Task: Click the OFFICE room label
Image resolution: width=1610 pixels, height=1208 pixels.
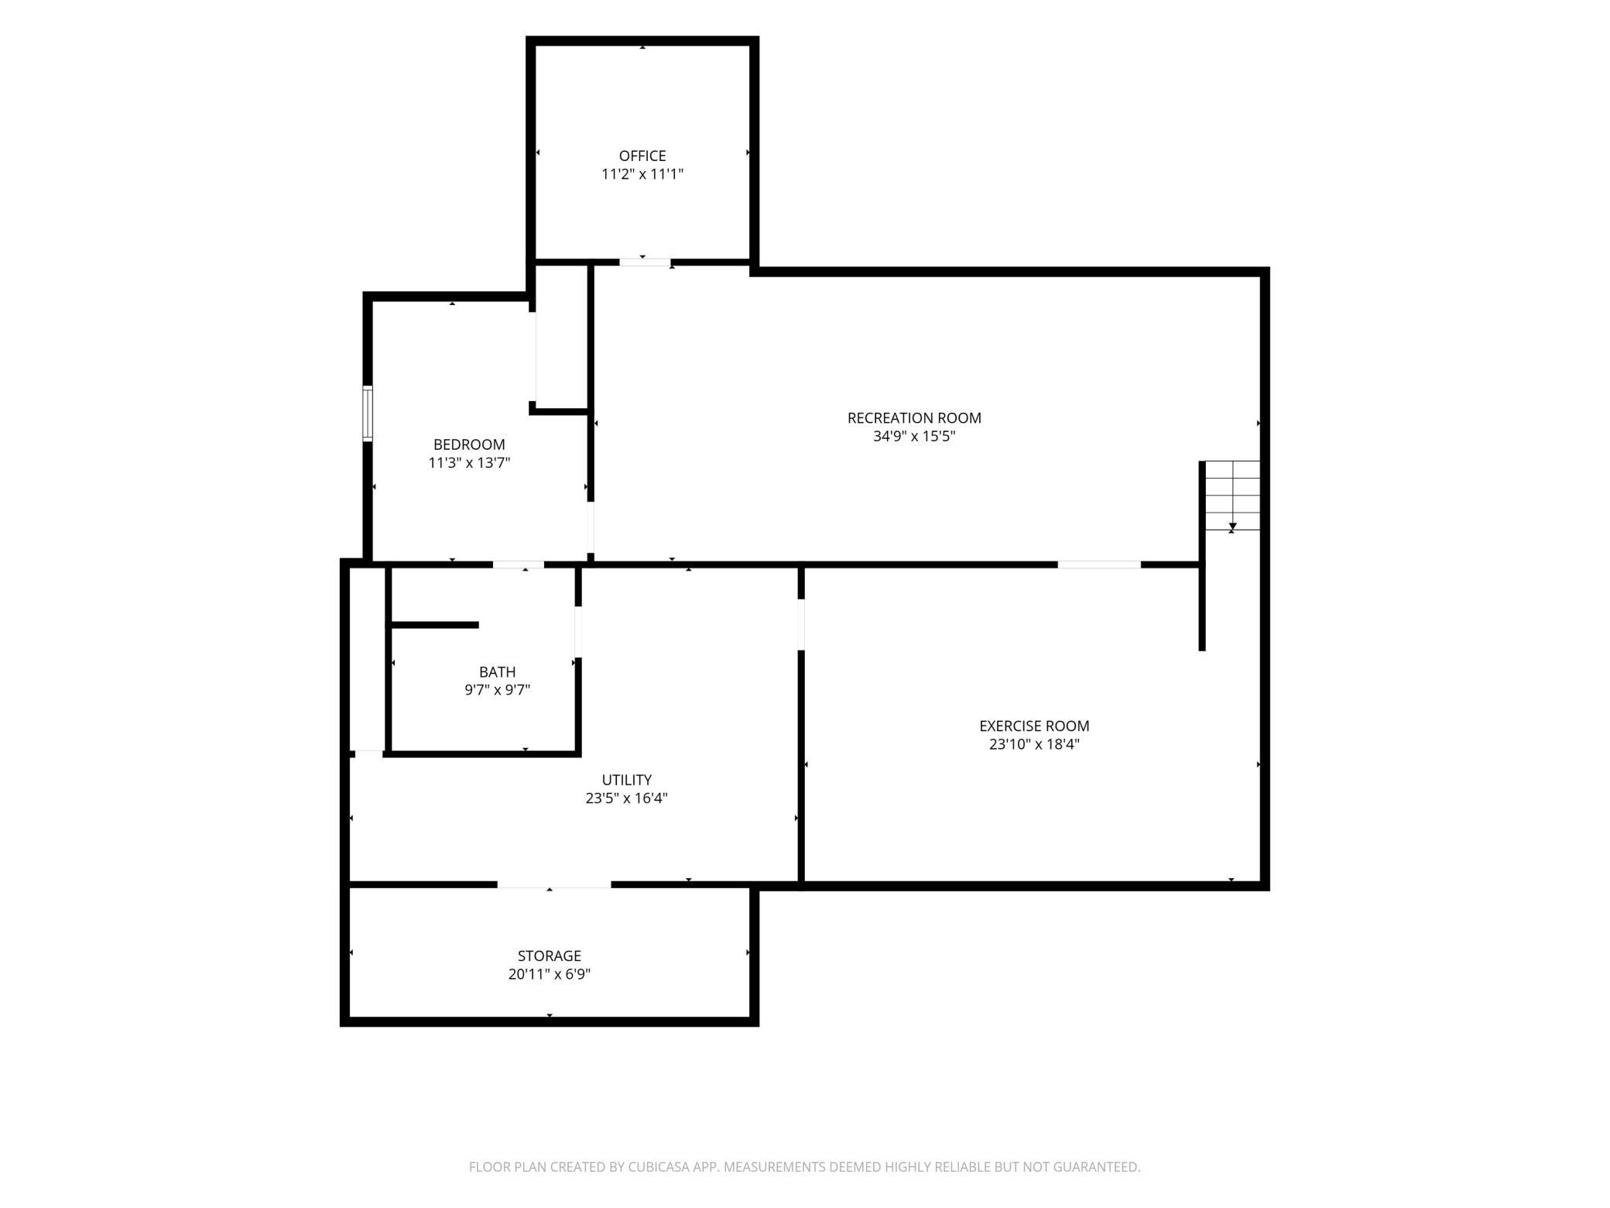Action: pyautogui.click(x=642, y=156)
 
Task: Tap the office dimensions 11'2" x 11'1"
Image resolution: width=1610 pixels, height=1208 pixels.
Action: pyautogui.click(x=642, y=174)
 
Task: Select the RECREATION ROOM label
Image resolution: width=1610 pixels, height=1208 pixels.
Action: pyautogui.click(x=914, y=418)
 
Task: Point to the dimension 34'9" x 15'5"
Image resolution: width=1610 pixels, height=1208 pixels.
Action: pyautogui.click(x=914, y=436)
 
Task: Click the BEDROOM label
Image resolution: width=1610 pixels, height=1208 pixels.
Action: pyautogui.click(x=469, y=444)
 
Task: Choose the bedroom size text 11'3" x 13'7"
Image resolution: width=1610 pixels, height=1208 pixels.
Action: pyautogui.click(x=469, y=463)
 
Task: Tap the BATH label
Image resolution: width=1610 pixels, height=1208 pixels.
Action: pyautogui.click(x=497, y=672)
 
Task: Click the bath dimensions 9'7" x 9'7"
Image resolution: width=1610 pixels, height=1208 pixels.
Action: pyautogui.click(x=497, y=690)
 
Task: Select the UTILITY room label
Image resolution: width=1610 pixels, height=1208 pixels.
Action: pyautogui.click(x=627, y=780)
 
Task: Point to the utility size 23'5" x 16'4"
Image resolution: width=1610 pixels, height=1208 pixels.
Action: pyautogui.click(x=627, y=798)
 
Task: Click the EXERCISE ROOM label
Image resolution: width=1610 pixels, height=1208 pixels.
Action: pyautogui.click(x=1034, y=726)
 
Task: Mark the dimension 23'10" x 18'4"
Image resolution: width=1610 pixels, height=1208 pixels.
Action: pyautogui.click(x=1034, y=744)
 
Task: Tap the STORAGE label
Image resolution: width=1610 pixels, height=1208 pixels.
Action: pyautogui.click(x=550, y=956)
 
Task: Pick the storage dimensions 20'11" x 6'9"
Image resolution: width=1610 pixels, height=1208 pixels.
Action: pyautogui.click(x=550, y=974)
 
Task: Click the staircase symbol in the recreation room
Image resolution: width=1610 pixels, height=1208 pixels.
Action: pyautogui.click(x=1232, y=496)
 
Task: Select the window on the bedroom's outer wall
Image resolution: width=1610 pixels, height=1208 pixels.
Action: pyautogui.click(x=368, y=414)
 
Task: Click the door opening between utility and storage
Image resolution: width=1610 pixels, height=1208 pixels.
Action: pyautogui.click(x=554, y=884)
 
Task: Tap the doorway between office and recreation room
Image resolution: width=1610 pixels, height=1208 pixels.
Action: pyautogui.click(x=646, y=263)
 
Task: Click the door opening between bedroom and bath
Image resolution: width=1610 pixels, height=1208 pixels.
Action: pyautogui.click(x=519, y=565)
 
